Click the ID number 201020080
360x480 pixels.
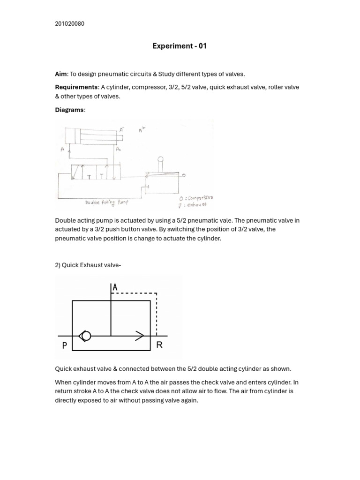[69, 24]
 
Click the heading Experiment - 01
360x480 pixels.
[180, 46]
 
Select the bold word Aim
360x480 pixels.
[61, 74]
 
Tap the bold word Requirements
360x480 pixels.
[76, 87]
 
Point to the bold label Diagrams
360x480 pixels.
[69, 110]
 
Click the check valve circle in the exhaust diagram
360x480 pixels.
[85, 336]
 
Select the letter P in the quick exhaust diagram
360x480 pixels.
[65, 345]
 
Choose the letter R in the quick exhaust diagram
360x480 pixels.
[159, 345]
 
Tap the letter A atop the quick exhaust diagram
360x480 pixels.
[115, 287]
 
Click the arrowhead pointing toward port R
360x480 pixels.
[140, 336]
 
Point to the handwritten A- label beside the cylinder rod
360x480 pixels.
[121, 129]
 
